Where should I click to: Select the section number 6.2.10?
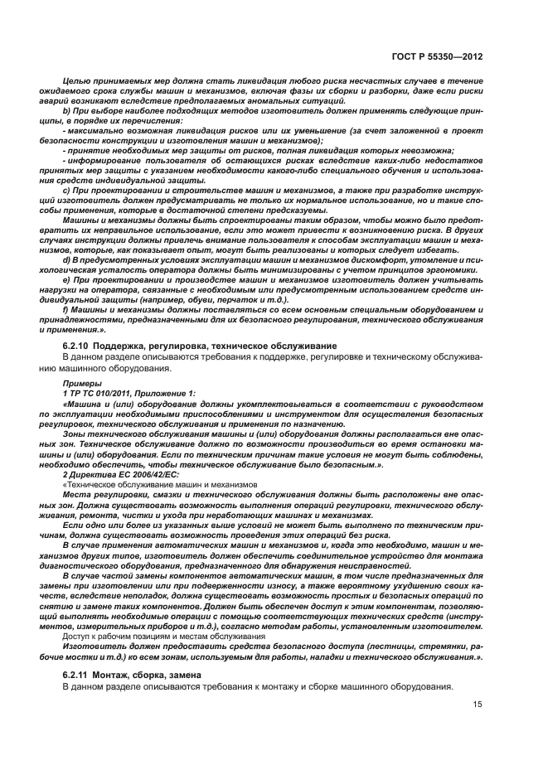coord(78,345)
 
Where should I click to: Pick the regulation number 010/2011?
coord(105,394)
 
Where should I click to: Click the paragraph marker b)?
coord(67,110)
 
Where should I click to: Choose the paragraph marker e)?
coord(67,280)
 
